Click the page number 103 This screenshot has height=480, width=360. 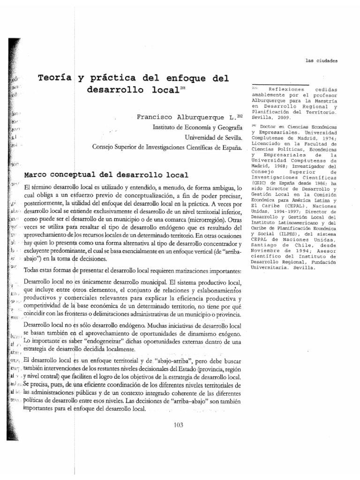click(x=178, y=425)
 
